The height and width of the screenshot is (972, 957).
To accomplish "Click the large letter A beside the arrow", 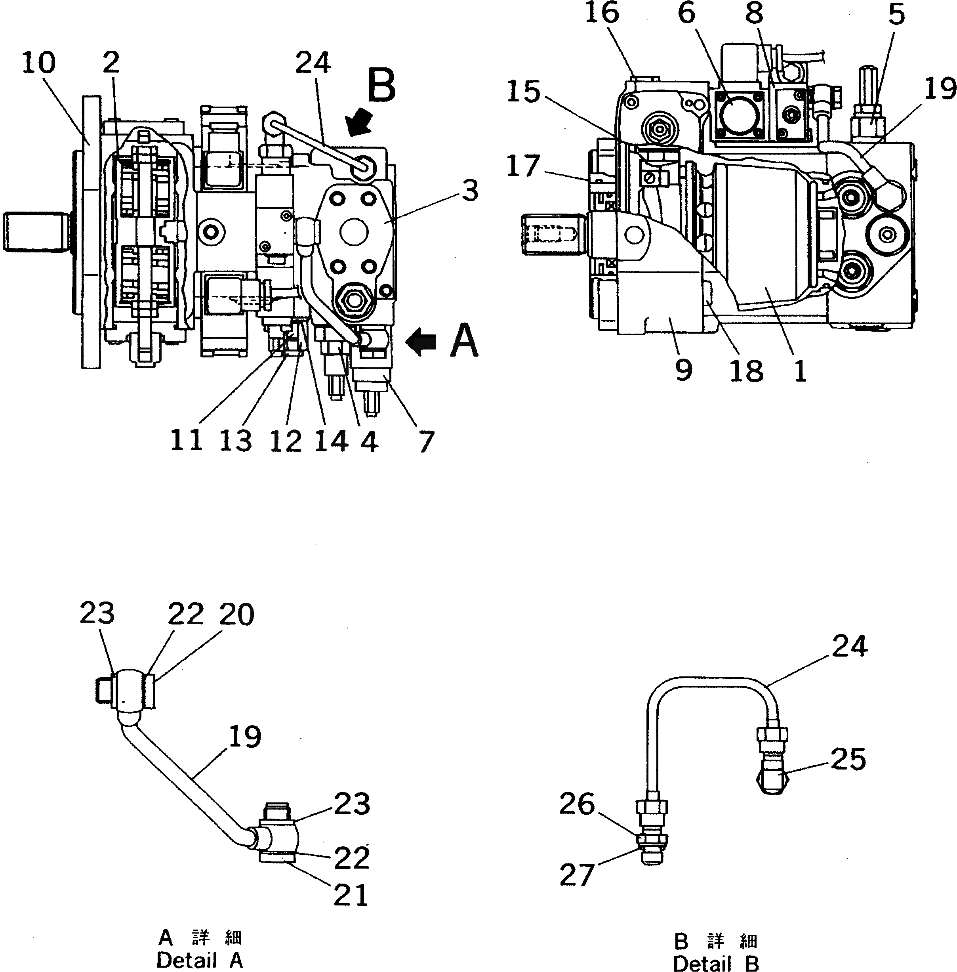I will [463, 341].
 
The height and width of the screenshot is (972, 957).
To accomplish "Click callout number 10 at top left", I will [39, 63].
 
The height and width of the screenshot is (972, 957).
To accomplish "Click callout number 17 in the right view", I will [523, 166].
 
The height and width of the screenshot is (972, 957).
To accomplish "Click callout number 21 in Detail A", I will [351, 895].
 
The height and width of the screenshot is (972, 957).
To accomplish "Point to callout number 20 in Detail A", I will [237, 615].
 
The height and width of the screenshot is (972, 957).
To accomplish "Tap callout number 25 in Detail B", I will [848, 759].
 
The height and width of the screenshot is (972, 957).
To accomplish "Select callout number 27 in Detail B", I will [576, 875].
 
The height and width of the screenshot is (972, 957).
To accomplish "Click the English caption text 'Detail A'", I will [200, 961].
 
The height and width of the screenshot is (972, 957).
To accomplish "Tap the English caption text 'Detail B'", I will [716, 963].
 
